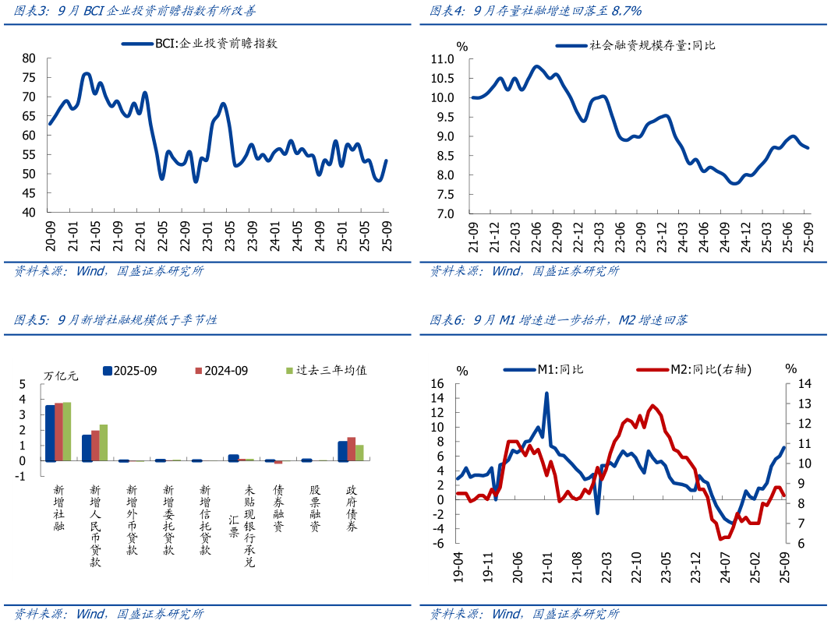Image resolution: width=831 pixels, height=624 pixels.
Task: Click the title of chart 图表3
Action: pos(135,11)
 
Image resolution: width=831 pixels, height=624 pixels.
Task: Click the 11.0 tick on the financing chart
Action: pos(442,59)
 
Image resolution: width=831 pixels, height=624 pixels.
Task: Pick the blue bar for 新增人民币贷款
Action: pos(87,448)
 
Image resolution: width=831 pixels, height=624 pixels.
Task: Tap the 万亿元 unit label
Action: pos(62,375)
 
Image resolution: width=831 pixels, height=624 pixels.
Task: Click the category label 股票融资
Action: pos(315,510)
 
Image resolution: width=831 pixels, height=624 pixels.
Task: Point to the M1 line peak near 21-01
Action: pos(546,393)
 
